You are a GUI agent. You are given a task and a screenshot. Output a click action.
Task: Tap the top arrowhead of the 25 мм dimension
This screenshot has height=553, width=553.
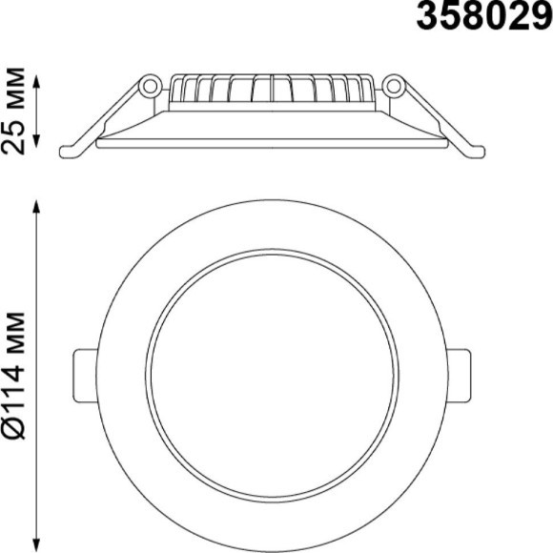37,78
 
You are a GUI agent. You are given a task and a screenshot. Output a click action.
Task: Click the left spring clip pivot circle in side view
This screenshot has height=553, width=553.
148,86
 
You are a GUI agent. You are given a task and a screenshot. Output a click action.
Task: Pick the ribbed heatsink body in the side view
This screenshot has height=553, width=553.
271,91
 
